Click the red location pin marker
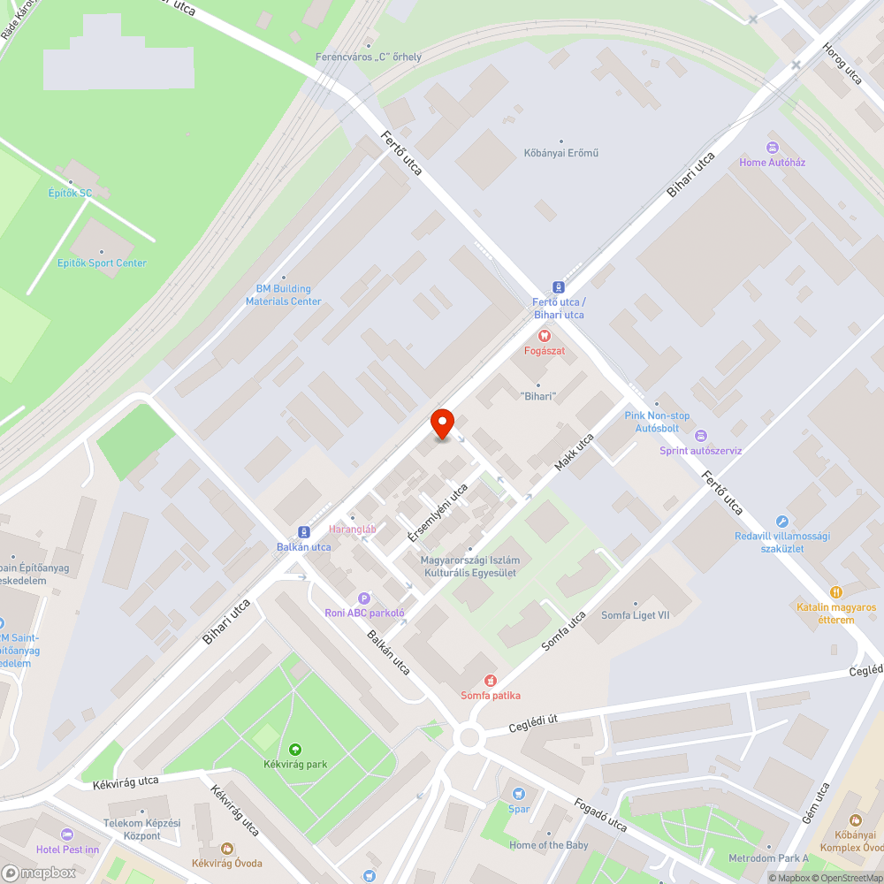coord(441,424)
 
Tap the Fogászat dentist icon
coord(545,335)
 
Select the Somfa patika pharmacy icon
coord(491,680)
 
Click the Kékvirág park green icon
coord(294,749)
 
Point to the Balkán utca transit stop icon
coord(304,532)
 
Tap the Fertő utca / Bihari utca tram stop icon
coord(558,287)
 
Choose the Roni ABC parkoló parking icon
coord(363,598)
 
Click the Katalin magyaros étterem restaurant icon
coord(836,592)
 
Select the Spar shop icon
coord(519,793)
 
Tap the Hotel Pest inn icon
coord(67,834)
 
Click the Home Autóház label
coord(773,163)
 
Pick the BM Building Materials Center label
coord(283,295)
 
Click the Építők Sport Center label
coord(102,263)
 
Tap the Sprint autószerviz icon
coord(701,435)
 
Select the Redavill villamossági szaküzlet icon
coord(781,522)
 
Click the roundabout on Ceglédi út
coord(469,737)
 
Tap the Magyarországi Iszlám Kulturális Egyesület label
coord(470,566)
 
